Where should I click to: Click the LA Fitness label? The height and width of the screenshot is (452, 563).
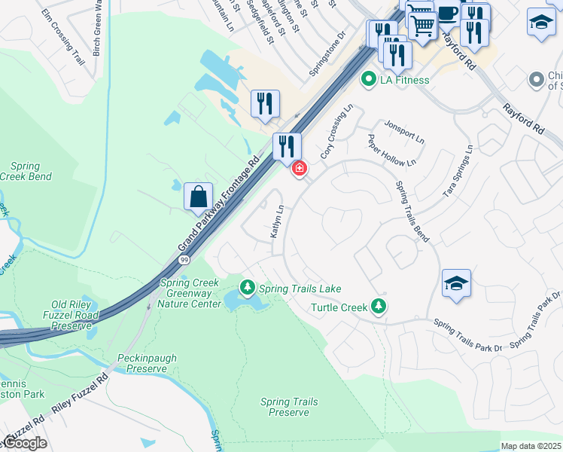point(404,80)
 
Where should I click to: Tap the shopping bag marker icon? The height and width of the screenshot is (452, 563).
point(198,197)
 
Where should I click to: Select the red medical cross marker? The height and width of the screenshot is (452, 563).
point(300,168)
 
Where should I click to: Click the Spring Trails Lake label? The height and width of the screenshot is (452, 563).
point(300,288)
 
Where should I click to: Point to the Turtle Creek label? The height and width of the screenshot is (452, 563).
point(339,307)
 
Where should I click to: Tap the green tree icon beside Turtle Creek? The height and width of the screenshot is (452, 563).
point(380,306)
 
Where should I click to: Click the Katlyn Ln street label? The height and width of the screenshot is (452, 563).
point(276,223)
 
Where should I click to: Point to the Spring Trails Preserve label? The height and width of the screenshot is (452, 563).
point(289,407)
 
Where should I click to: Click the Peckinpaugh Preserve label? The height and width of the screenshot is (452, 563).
point(142,363)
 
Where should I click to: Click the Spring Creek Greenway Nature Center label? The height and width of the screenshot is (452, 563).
point(190,293)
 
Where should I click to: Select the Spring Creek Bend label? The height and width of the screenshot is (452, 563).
point(30,171)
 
